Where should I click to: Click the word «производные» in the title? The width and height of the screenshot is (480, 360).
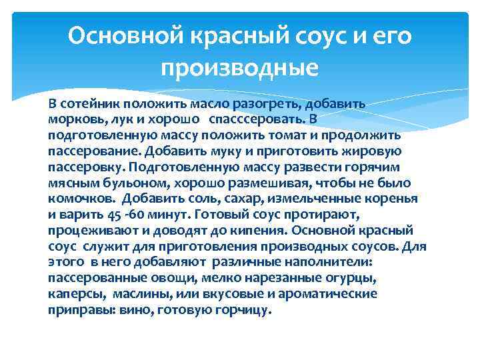coord(240,67)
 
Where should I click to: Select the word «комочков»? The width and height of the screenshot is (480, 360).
coord(75,199)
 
